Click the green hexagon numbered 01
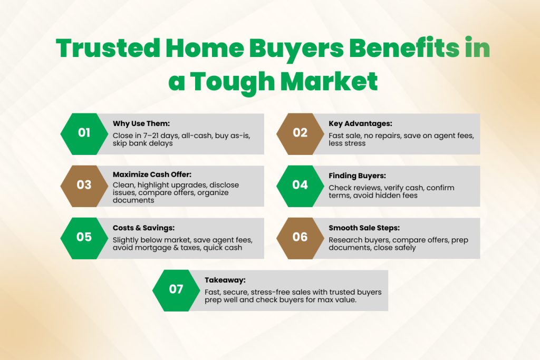[x=84, y=134]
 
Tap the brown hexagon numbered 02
[x=300, y=134]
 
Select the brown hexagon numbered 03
[x=84, y=186]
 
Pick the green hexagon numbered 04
[x=300, y=186]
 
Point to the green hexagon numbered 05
[x=84, y=238]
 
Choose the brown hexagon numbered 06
[x=300, y=238]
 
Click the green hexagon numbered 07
[x=176, y=290]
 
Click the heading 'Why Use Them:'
[x=141, y=123]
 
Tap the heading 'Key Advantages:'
[x=360, y=123]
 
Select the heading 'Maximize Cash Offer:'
[x=152, y=174]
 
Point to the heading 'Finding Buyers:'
[x=357, y=176]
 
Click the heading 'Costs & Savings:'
[x=143, y=228]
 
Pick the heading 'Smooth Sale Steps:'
[x=364, y=228]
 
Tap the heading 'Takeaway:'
[x=225, y=280]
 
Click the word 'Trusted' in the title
[x=108, y=48]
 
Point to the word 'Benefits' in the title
[x=404, y=48]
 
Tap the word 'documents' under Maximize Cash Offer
[x=133, y=200]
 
